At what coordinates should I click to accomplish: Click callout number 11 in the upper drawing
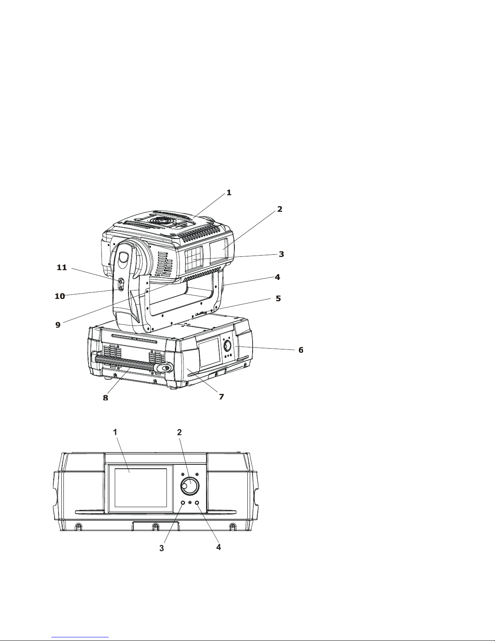(62, 268)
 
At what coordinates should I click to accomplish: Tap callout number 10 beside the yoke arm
(60, 296)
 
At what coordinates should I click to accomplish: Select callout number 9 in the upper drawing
(58, 325)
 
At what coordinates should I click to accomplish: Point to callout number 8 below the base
(105, 398)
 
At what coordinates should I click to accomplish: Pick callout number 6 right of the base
(301, 350)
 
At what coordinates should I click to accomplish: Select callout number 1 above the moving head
(229, 193)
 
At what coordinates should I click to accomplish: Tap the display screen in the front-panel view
(141, 488)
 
